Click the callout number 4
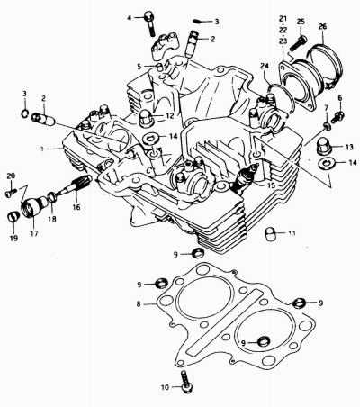[x=130, y=18]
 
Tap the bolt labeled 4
[x=149, y=23]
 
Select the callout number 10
[x=166, y=387]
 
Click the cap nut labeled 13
[x=323, y=146]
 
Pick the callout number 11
[x=292, y=233]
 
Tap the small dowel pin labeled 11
[x=270, y=233]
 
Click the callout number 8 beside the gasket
[x=139, y=304]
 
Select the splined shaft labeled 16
[x=76, y=185]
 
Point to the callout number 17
[x=34, y=233]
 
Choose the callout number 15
[x=271, y=185]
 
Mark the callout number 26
[x=322, y=27]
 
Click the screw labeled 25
[x=298, y=43]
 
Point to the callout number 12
[x=169, y=115]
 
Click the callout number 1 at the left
[x=42, y=149]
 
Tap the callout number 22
[x=283, y=30]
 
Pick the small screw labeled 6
[x=339, y=115]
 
